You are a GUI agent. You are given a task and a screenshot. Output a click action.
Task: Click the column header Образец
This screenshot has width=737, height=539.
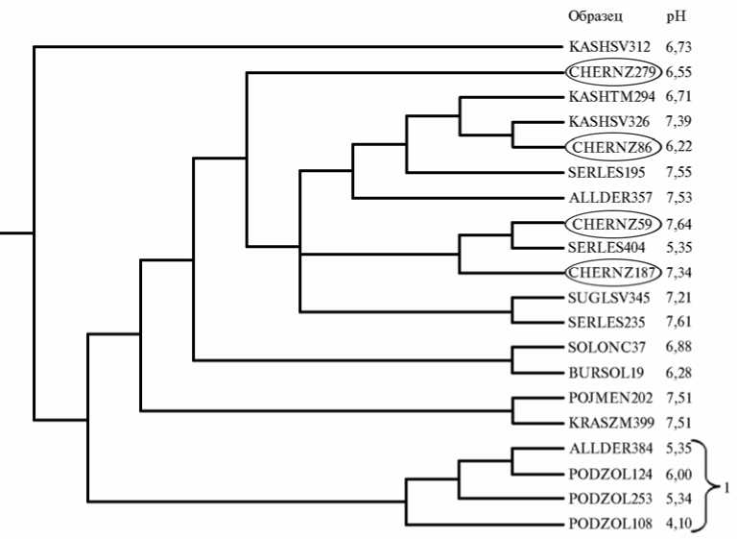595,16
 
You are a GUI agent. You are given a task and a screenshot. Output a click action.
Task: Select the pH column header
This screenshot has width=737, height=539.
676,16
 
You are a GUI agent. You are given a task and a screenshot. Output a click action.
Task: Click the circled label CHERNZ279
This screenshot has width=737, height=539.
610,72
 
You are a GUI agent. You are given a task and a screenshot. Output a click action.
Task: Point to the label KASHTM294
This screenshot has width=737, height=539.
610,97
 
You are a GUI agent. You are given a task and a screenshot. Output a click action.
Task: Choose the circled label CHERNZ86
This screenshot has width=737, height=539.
610,147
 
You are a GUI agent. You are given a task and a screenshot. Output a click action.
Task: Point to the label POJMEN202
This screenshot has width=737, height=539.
610,398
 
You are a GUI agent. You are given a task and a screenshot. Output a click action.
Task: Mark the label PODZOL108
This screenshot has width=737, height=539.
610,524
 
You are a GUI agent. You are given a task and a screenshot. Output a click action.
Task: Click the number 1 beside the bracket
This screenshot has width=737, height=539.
726,487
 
